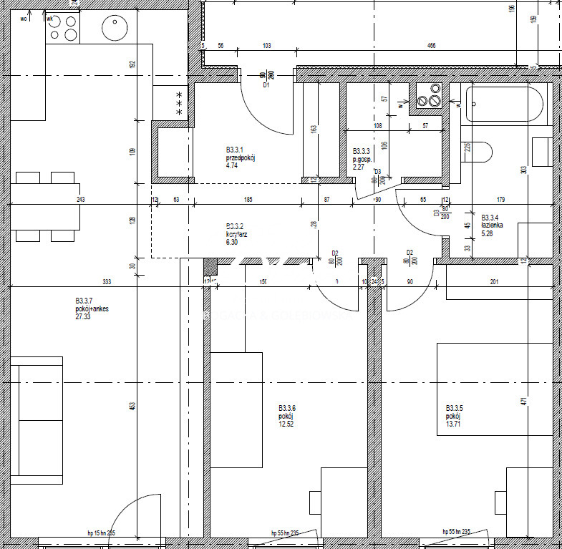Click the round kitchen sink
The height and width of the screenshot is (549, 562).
pyautogui.click(x=115, y=28)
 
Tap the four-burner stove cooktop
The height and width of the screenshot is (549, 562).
pyautogui.click(x=62, y=28)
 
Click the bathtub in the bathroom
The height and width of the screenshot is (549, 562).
pyautogui.click(x=505, y=105)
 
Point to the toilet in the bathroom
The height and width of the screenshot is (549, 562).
pyautogui.click(x=479, y=152)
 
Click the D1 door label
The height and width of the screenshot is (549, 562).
pyautogui.click(x=266, y=85)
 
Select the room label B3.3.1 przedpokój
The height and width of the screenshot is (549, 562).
pyautogui.click(x=240, y=154)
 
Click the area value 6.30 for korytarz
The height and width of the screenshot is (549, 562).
pyautogui.click(x=233, y=242)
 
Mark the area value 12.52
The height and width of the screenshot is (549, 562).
pyautogui.click(x=286, y=424)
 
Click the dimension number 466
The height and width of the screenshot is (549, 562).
pyautogui.click(x=431, y=46)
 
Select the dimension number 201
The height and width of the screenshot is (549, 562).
pyautogui.click(x=494, y=282)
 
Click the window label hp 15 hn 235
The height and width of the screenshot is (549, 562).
pyautogui.click(x=101, y=533)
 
